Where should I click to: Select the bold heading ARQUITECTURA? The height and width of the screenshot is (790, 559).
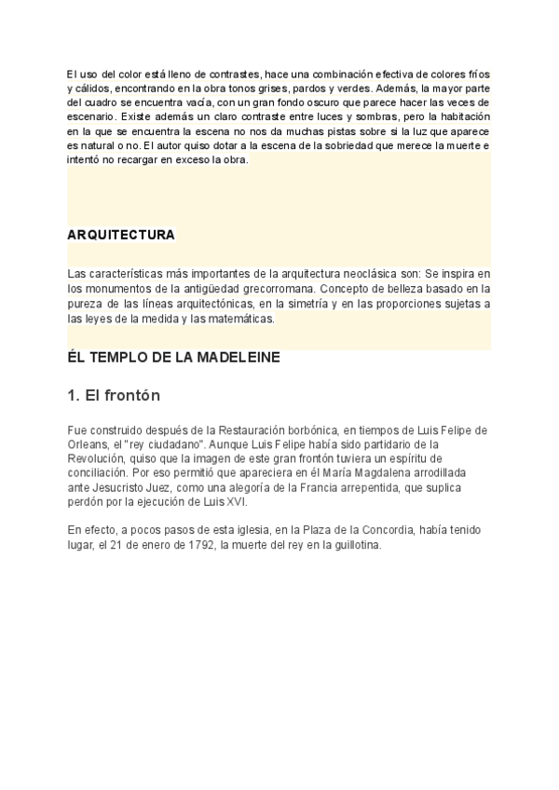pyautogui.click(x=121, y=235)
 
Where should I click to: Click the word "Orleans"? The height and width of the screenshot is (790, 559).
pyautogui.click(x=90, y=444)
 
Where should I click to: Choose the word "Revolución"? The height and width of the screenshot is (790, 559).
pyautogui.click(x=96, y=458)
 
